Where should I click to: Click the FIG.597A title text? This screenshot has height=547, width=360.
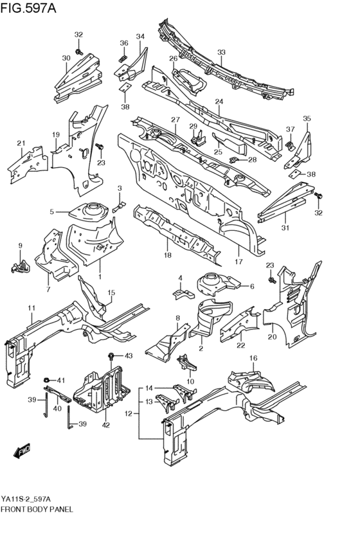28,7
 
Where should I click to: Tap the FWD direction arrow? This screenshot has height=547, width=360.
22,451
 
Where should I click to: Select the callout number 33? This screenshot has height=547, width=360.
221,52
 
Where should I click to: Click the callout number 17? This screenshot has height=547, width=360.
239,261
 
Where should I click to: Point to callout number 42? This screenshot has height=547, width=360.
106,425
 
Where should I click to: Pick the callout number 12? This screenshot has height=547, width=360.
129,414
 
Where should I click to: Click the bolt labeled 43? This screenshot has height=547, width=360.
111,356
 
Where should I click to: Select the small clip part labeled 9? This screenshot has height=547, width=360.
22,267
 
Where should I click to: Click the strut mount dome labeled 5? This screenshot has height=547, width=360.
91,210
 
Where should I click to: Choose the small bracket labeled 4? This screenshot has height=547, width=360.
183,293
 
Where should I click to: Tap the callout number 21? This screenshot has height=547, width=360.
21,143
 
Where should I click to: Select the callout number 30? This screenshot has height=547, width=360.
66,58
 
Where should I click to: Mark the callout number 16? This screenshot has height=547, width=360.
253,358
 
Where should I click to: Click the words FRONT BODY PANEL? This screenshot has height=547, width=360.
37,509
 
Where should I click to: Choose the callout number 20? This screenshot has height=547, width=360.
272,337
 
